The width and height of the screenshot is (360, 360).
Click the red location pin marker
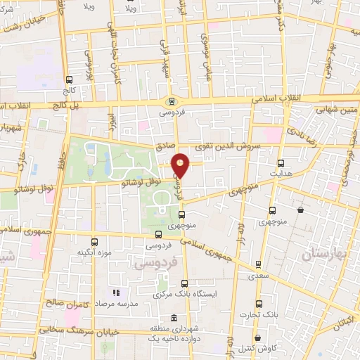pos(181,165)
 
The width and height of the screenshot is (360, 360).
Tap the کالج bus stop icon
pos(69,80)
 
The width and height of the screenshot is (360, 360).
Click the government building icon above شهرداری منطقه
pos(173,319)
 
